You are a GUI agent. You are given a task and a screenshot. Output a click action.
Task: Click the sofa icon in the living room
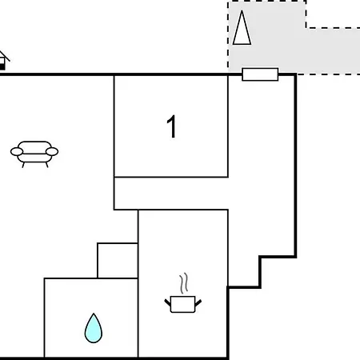[x=34, y=154]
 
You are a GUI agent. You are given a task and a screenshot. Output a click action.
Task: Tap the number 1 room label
[x=172, y=126]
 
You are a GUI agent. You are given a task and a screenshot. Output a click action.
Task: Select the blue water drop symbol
[x=94, y=329]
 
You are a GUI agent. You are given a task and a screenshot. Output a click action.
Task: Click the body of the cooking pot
[x=182, y=304]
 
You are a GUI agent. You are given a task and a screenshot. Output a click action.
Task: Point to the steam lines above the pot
[x=184, y=283]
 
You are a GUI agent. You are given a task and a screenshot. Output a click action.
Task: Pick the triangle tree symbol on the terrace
[x=242, y=27]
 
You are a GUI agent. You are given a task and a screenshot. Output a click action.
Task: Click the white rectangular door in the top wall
[x=260, y=74]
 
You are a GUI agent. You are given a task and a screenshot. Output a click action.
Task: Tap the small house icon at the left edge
[x=4, y=61]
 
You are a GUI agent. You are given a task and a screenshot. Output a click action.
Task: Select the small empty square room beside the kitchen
[x=118, y=261]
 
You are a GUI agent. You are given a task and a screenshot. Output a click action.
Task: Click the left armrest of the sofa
[x=17, y=152]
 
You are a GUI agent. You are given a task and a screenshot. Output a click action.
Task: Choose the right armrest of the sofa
[x=52, y=151]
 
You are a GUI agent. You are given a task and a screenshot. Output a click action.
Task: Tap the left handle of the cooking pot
[x=167, y=302]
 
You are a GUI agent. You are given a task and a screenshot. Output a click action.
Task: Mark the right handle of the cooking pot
[x=198, y=302]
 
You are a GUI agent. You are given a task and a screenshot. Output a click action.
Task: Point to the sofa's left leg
[x=23, y=165]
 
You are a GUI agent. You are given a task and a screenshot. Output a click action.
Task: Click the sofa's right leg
[x=47, y=165]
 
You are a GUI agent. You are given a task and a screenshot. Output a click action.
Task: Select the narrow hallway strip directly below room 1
[x=171, y=194]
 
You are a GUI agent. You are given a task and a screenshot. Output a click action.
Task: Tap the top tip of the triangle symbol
[x=242, y=10]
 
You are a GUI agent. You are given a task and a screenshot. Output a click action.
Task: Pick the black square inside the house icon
[x=2, y=66]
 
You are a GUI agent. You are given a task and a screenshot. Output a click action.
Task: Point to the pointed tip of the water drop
[x=94, y=314]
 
